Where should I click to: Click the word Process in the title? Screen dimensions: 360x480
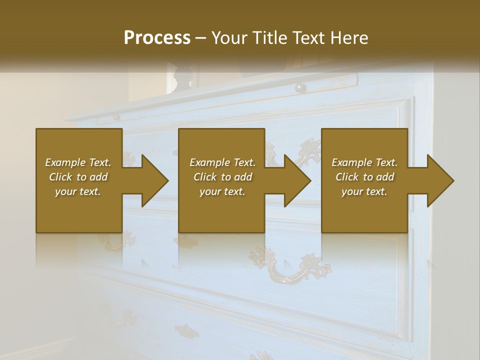pyautogui.click(x=157, y=38)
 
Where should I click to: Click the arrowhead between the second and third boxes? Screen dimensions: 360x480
pyautogui.click(x=297, y=180)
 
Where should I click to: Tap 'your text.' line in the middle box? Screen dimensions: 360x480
pyautogui.click(x=222, y=191)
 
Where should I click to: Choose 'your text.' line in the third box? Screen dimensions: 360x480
pyautogui.click(x=364, y=191)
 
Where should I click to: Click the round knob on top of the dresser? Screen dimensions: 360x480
pyautogui.click(x=300, y=87)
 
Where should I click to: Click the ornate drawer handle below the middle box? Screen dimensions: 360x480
pyautogui.click(x=290, y=268)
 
